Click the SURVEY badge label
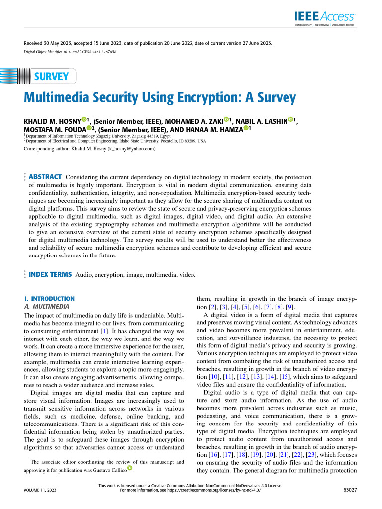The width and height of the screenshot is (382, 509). (51, 77)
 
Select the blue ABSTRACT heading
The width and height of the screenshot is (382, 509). (45, 177)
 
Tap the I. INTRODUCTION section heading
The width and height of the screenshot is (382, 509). (49, 299)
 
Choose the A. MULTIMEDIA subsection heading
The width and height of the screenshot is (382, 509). (47, 307)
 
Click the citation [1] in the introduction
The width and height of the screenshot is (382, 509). (104, 331)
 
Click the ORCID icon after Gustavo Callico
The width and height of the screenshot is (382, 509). (130, 467)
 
